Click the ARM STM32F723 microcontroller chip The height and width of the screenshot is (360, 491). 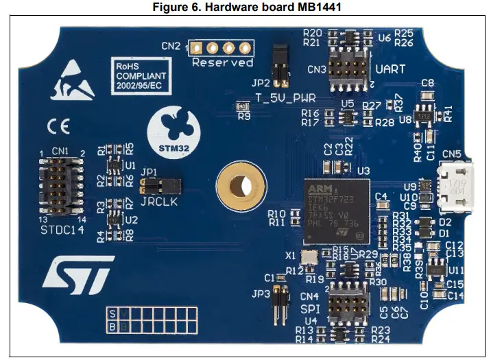point(336,208)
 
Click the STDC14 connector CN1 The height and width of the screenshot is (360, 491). point(60,186)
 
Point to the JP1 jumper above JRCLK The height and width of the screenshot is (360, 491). point(159,185)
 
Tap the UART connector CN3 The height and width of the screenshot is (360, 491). point(346,69)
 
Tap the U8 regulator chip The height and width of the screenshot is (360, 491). point(426,117)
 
